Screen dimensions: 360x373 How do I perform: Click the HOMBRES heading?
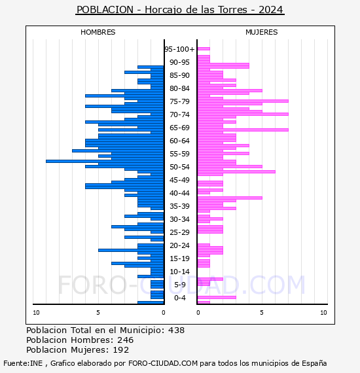click(98, 32)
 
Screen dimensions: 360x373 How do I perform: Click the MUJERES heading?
click(262, 32)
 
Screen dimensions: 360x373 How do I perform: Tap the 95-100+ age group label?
click(179, 49)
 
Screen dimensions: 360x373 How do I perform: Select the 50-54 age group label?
click(179, 167)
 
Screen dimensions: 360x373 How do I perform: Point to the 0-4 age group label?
click(179, 298)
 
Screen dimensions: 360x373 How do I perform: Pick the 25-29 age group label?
click(179, 232)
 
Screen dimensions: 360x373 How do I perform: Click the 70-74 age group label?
click(179, 115)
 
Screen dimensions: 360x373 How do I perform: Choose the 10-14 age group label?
click(179, 272)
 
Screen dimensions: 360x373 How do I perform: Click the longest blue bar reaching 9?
click(105, 161)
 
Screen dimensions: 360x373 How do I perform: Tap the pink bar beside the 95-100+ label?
click(204, 49)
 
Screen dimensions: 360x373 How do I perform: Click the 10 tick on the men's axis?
click(36, 313)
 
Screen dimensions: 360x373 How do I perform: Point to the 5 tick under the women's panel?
click(262, 313)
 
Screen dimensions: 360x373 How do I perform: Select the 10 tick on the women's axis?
click(323, 313)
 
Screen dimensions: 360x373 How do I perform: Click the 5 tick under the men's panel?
click(98, 313)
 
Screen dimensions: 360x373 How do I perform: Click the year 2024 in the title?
click(271, 10)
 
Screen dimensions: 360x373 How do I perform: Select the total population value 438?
click(176, 330)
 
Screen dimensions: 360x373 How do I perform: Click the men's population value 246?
click(126, 340)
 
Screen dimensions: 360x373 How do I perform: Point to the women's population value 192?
click(121, 350)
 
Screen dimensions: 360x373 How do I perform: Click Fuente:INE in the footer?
click(23, 363)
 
